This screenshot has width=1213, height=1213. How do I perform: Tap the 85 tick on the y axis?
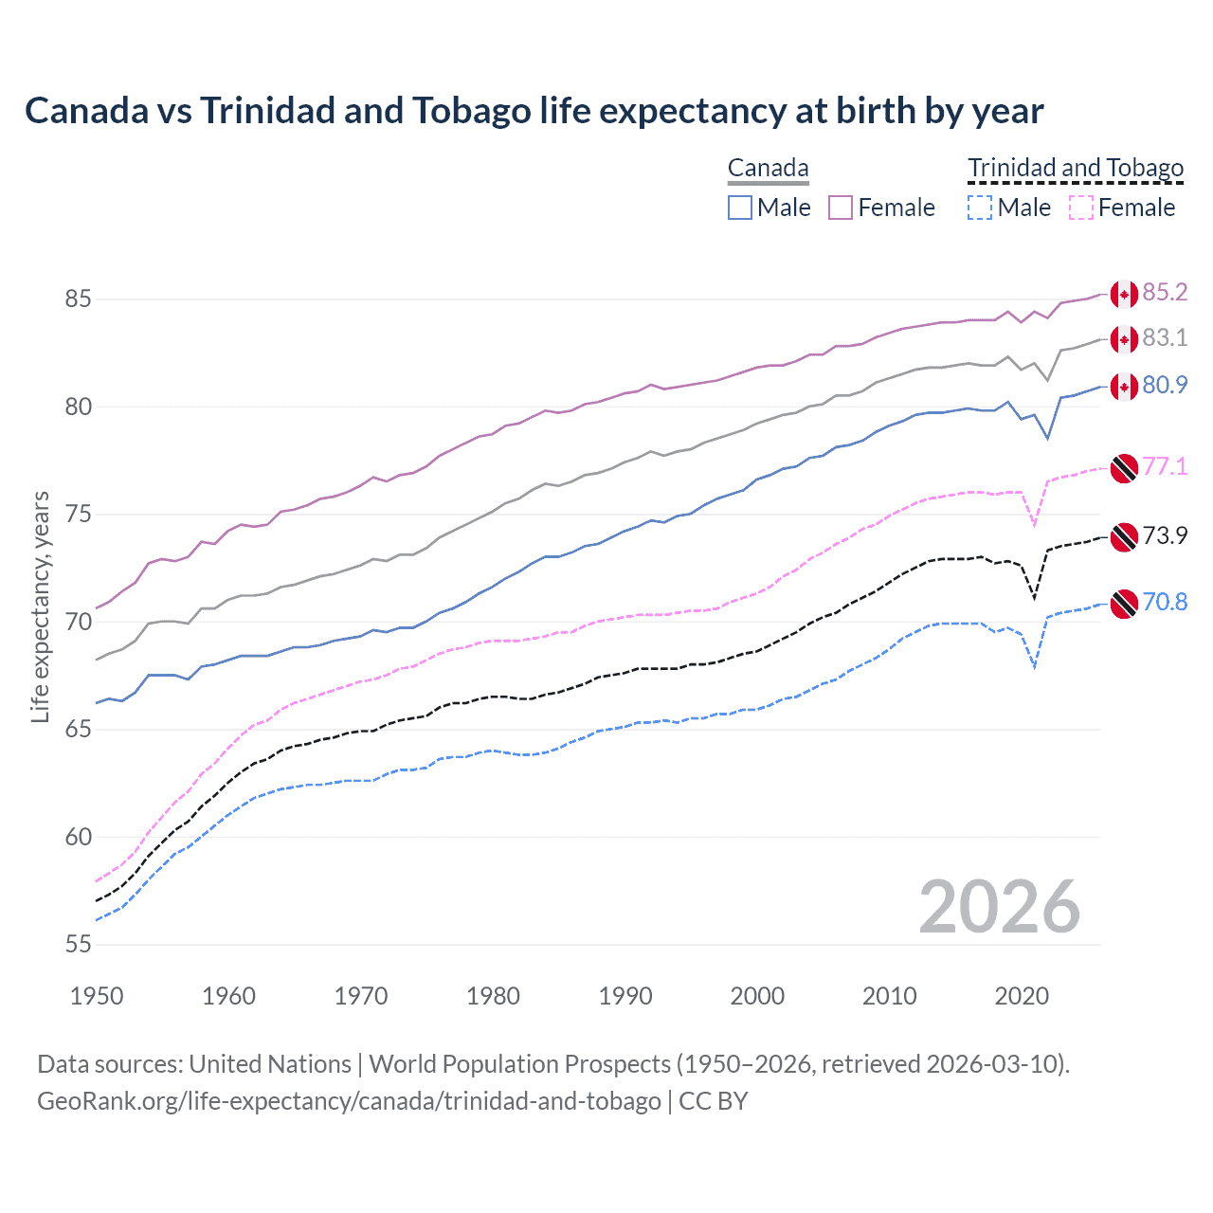click(78, 299)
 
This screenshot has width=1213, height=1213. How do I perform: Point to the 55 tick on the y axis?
click(78, 945)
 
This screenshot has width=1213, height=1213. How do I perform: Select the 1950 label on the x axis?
click(97, 996)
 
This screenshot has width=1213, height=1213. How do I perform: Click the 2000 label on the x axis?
click(757, 996)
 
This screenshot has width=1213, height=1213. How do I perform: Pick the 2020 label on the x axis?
click(1021, 996)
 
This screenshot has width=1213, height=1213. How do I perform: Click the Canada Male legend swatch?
click(740, 208)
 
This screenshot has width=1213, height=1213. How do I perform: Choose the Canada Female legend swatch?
click(841, 208)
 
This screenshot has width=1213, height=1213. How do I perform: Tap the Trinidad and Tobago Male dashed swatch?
click(980, 208)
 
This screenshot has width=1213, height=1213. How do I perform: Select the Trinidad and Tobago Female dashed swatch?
click(1080, 208)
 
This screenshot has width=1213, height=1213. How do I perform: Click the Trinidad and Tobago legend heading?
click(1076, 169)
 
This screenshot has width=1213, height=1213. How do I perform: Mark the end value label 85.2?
click(1165, 293)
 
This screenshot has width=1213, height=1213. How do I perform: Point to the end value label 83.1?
click(1165, 338)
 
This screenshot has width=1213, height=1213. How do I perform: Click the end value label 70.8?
click(1165, 603)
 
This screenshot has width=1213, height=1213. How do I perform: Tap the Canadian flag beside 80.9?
click(1124, 386)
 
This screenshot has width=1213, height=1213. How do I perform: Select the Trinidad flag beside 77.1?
click(1124, 468)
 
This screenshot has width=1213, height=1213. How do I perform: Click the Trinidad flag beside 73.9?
click(1124, 536)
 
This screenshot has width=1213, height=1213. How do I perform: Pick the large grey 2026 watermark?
click(999, 907)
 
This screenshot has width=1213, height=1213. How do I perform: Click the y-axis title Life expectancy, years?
click(41, 606)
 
